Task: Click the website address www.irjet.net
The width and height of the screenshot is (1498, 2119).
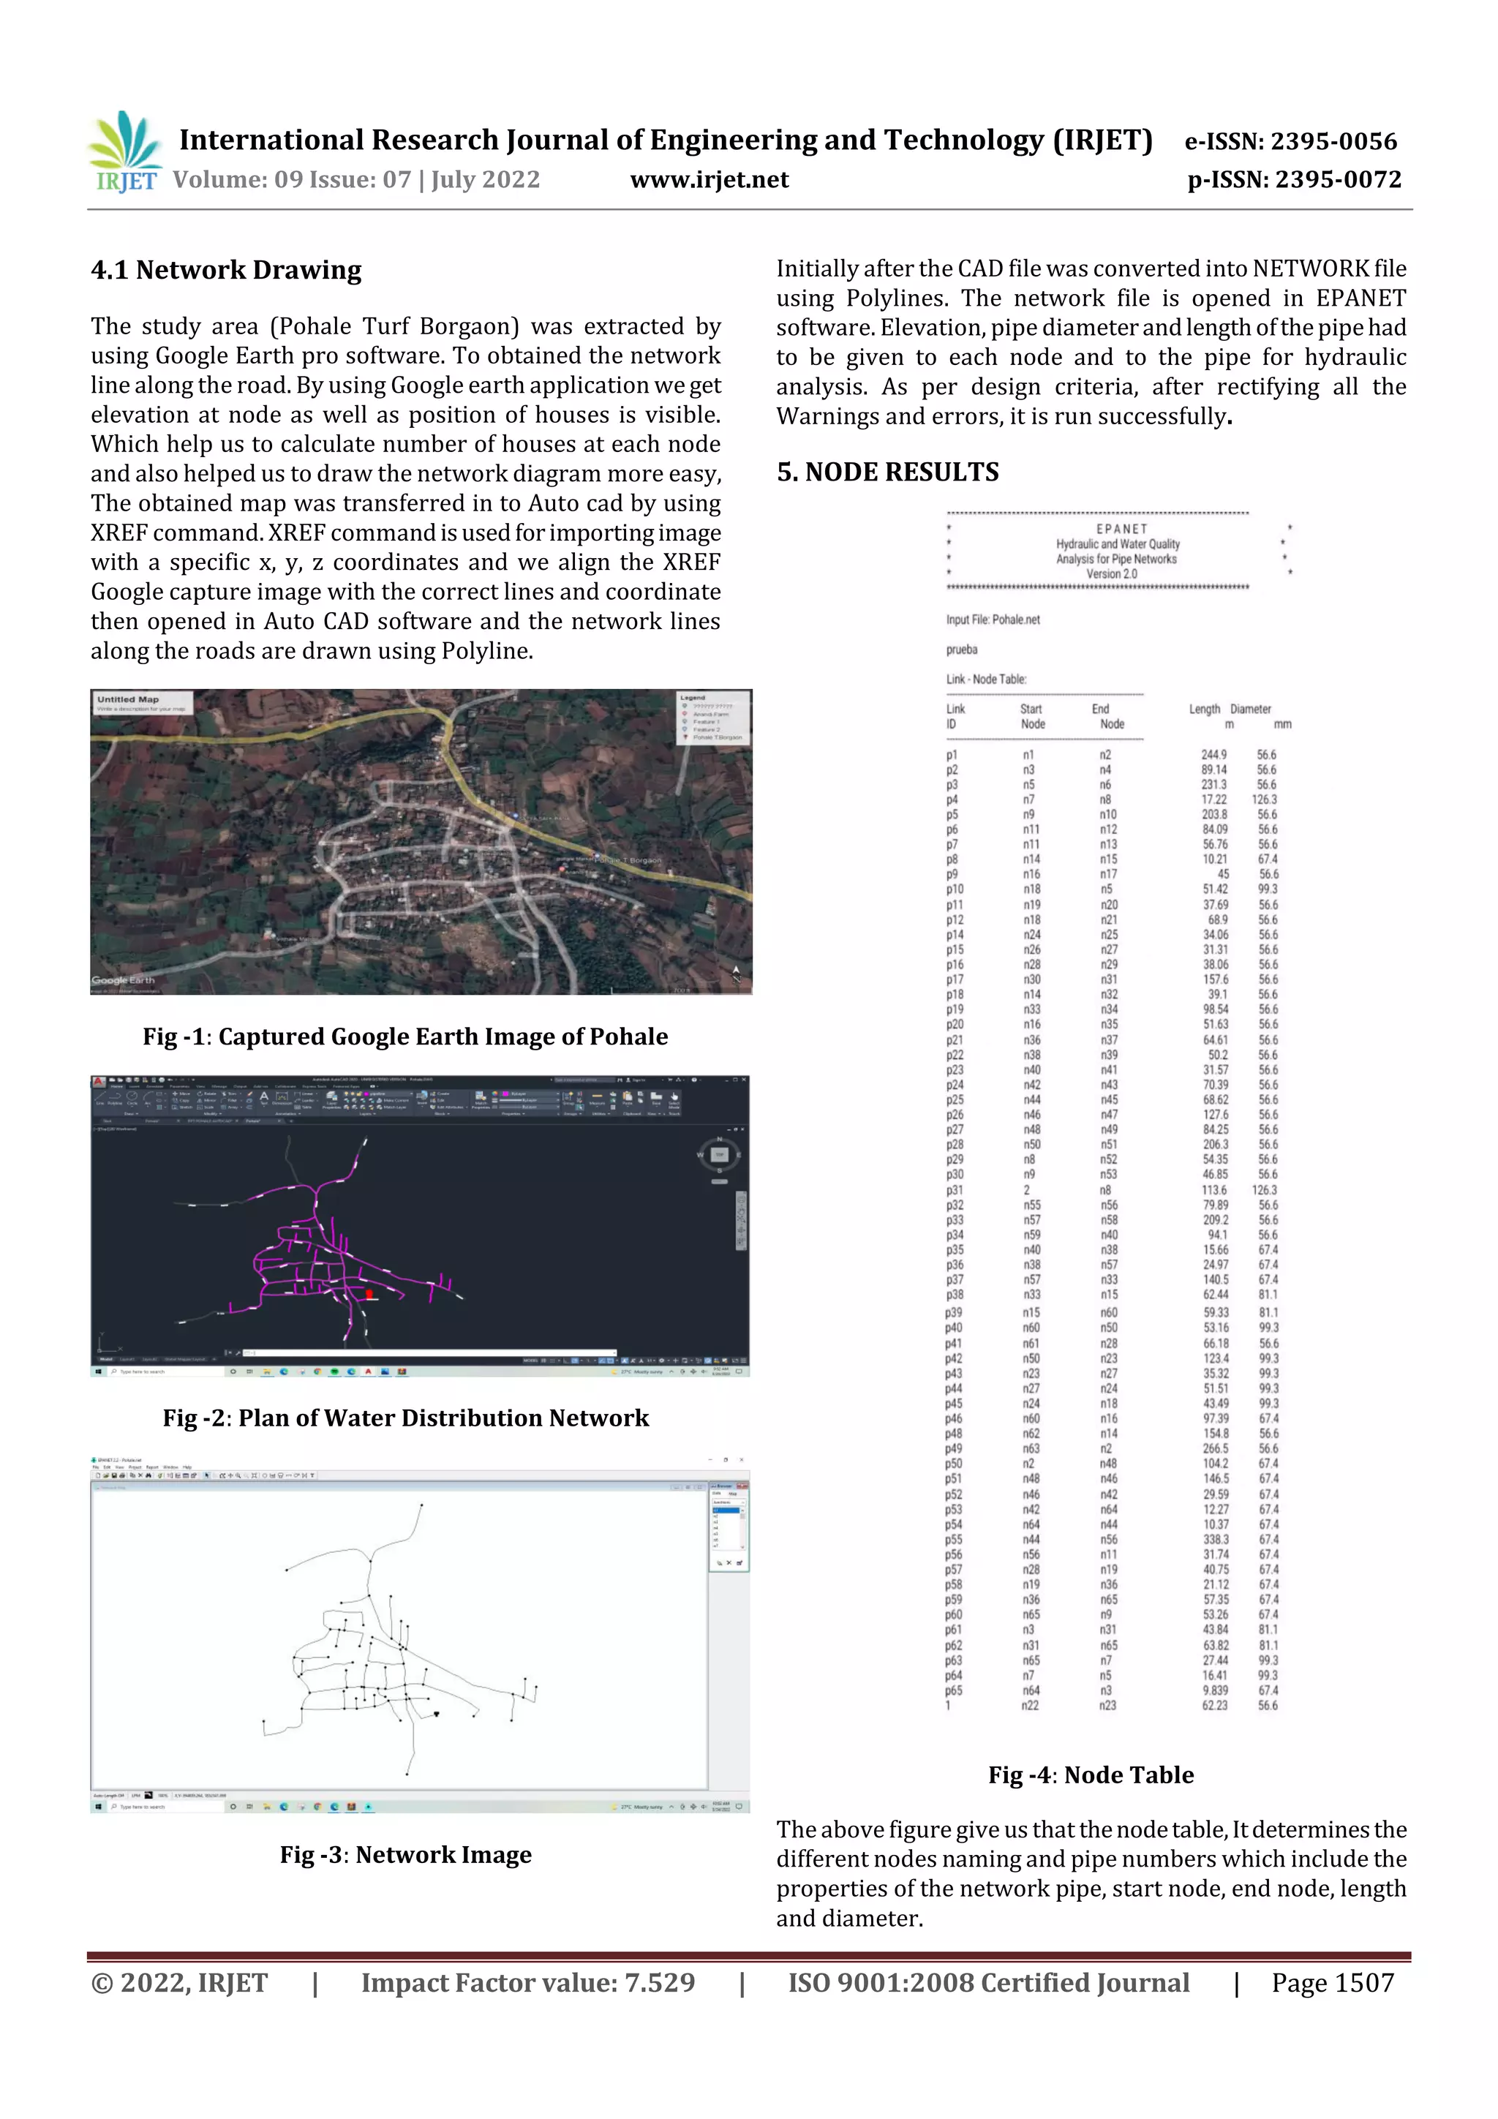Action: (x=709, y=180)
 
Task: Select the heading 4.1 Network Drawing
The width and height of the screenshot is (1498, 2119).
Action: (x=226, y=271)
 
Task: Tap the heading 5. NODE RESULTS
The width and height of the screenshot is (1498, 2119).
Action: (x=887, y=473)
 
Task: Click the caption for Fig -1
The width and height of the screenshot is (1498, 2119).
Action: (x=405, y=1036)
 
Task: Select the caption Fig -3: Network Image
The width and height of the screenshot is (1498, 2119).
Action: (x=405, y=1854)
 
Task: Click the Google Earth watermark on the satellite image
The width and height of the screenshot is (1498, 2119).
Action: (x=123, y=980)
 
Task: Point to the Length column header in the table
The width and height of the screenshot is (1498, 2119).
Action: (x=1203, y=709)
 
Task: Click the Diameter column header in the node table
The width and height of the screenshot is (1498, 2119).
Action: (x=1251, y=709)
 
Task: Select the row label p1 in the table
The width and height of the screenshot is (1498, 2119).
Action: (x=952, y=755)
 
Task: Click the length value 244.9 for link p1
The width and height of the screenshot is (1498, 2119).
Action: (x=1213, y=755)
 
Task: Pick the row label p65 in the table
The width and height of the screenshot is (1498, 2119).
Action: (x=954, y=1691)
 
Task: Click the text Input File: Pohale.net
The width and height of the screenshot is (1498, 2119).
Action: (x=993, y=620)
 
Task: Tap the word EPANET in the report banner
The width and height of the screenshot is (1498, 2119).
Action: (x=1121, y=529)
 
